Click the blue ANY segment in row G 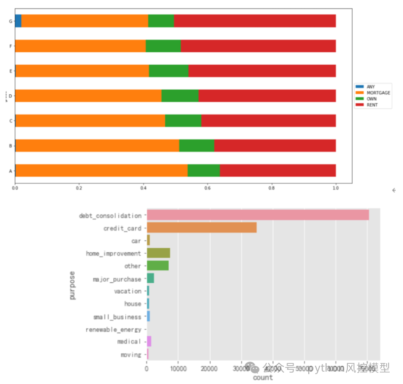click(18, 21)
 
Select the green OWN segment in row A click(204, 170)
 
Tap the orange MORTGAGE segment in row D click(88, 96)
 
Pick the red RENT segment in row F click(258, 46)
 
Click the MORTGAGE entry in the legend click(378, 93)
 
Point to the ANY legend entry click(370, 87)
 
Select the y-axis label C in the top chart click(10, 121)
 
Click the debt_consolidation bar click(257, 215)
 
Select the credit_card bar click(201, 228)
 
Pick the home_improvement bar click(158, 253)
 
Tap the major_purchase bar click(150, 278)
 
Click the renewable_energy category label click(113, 329)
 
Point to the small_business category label click(117, 317)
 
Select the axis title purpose click(73, 285)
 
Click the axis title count click(262, 378)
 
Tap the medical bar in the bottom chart click(149, 342)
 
